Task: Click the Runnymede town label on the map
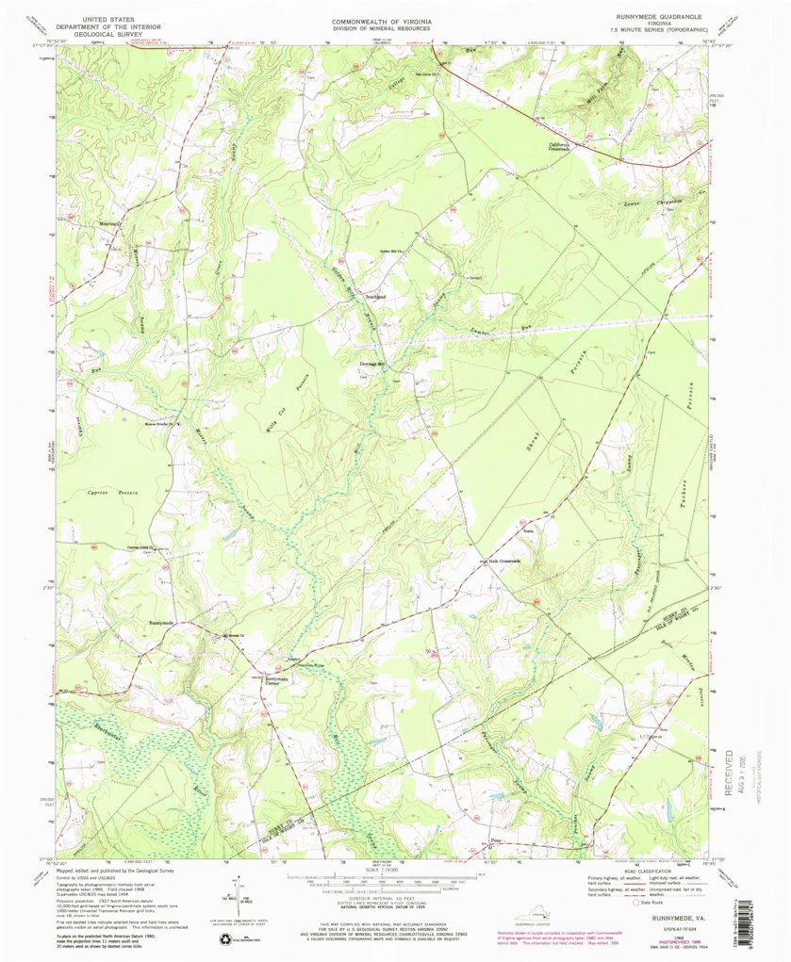(162, 623)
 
